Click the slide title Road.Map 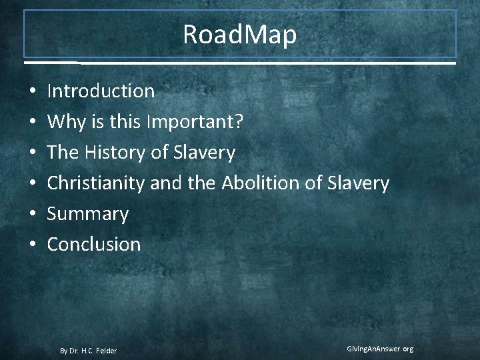click(240, 35)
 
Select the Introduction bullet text click(101, 91)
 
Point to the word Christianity click(96, 183)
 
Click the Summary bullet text click(87, 214)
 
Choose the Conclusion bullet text click(94, 245)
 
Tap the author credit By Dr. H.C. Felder click(88, 351)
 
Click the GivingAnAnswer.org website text click(380, 349)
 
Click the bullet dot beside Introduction click(32, 91)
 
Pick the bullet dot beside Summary click(32, 215)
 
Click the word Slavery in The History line click(204, 153)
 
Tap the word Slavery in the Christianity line click(357, 183)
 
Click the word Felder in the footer click(106, 351)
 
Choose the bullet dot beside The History click(32, 153)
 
